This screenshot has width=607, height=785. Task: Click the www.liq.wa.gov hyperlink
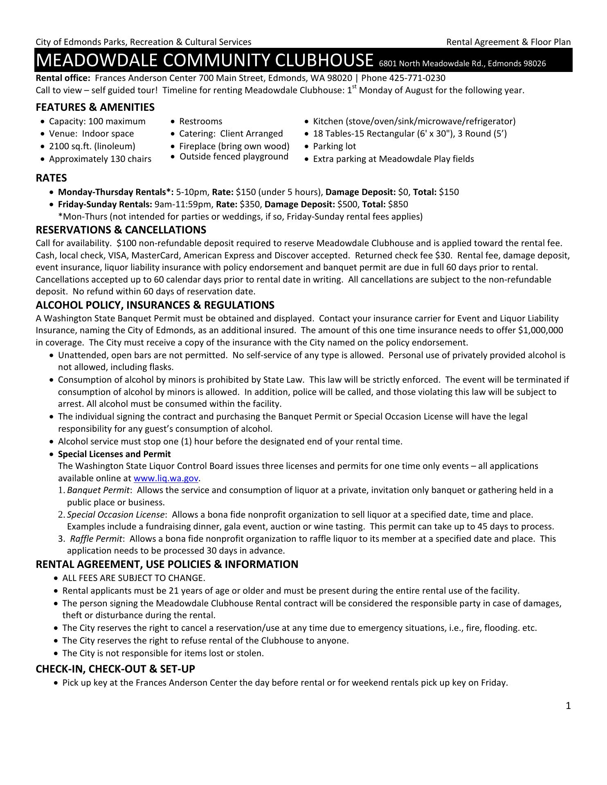click(166, 478)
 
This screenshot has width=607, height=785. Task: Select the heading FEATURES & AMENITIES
click(95, 107)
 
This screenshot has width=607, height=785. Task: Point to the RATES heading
click(51, 178)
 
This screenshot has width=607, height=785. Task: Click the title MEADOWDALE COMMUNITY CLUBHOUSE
click(205, 60)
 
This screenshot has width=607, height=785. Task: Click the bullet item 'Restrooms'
click(200, 121)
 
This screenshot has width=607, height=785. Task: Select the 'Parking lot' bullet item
click(334, 146)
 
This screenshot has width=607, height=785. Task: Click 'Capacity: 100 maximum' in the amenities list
click(97, 121)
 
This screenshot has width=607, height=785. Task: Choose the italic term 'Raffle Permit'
click(96, 539)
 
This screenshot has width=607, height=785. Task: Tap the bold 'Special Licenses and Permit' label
click(114, 454)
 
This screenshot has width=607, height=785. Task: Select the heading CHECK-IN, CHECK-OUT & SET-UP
click(115, 669)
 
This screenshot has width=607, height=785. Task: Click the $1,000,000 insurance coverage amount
click(540, 330)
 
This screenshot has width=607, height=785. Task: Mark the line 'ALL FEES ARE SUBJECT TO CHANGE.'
click(133, 578)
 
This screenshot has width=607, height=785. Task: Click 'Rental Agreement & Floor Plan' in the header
click(508, 42)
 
